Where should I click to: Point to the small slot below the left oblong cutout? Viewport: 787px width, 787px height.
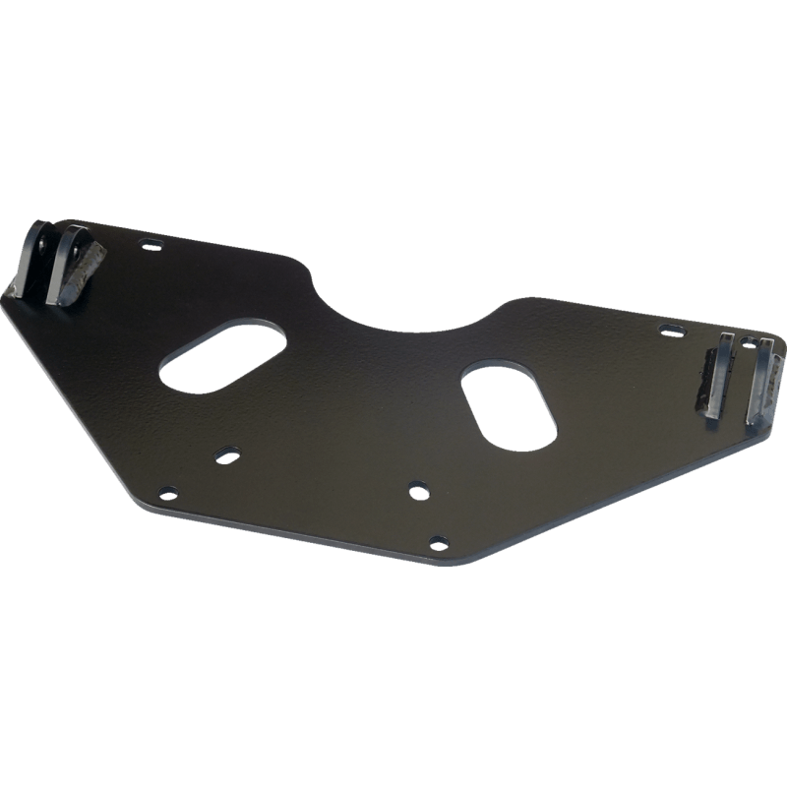click(x=227, y=453)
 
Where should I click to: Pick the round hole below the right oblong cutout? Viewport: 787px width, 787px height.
click(x=418, y=488)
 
